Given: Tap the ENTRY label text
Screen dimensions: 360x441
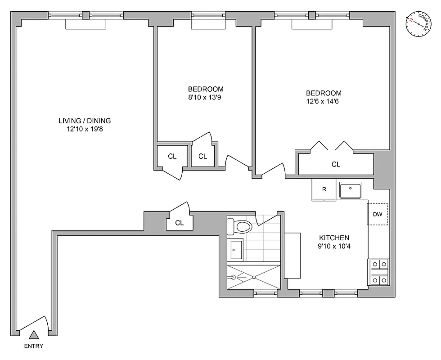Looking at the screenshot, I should coord(34,346).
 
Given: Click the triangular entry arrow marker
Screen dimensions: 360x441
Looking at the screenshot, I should coord(34,335).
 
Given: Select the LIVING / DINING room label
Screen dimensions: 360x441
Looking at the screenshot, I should coord(85,121).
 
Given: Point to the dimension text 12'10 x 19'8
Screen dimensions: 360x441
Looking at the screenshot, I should coord(85,129).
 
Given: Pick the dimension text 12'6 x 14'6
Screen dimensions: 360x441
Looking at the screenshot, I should coord(321,101).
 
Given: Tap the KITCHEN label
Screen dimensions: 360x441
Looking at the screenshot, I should coord(334,238).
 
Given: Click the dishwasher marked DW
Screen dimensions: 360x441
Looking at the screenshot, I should coord(378,215).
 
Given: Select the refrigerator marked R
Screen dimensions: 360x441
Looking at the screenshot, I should coord(324,189).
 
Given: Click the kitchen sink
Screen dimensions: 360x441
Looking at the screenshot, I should coord(350,190).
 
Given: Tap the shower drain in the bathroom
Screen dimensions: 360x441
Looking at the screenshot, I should coord(254,278).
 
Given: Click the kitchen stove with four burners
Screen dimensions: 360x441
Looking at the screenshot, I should coord(379,273).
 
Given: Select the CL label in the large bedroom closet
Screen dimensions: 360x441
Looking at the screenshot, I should coord(336,164).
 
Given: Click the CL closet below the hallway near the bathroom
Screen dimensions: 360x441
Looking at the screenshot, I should coord(179,223).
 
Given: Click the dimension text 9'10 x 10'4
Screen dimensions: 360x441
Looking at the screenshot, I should coord(334,246).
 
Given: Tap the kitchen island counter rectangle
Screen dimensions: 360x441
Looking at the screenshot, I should coord(292,256).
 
